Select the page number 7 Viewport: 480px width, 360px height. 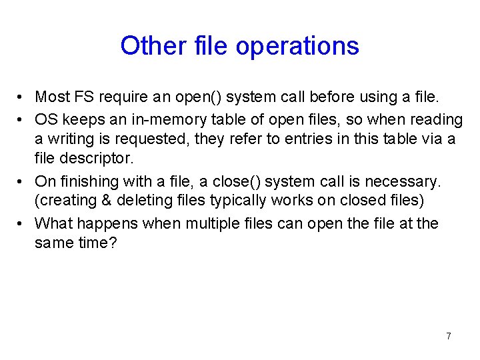[448, 336]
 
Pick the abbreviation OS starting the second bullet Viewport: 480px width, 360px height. [46, 119]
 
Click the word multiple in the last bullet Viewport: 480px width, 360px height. [209, 223]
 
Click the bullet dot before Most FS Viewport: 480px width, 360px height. [22, 98]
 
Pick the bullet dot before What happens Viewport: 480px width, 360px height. [22, 223]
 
